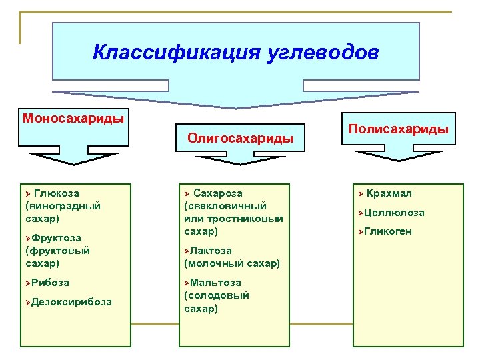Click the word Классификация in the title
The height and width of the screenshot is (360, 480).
pyautogui.click(x=171, y=52)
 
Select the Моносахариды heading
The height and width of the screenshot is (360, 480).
pyautogui.click(x=73, y=119)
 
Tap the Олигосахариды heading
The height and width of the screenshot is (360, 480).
pyautogui.click(x=240, y=138)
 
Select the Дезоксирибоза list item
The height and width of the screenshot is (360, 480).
pyautogui.click(x=71, y=302)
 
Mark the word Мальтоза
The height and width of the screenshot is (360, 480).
pyautogui.click(x=215, y=283)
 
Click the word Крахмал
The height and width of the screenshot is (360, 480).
pyautogui.click(x=389, y=193)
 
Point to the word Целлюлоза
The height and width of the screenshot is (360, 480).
pyautogui.click(x=394, y=213)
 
